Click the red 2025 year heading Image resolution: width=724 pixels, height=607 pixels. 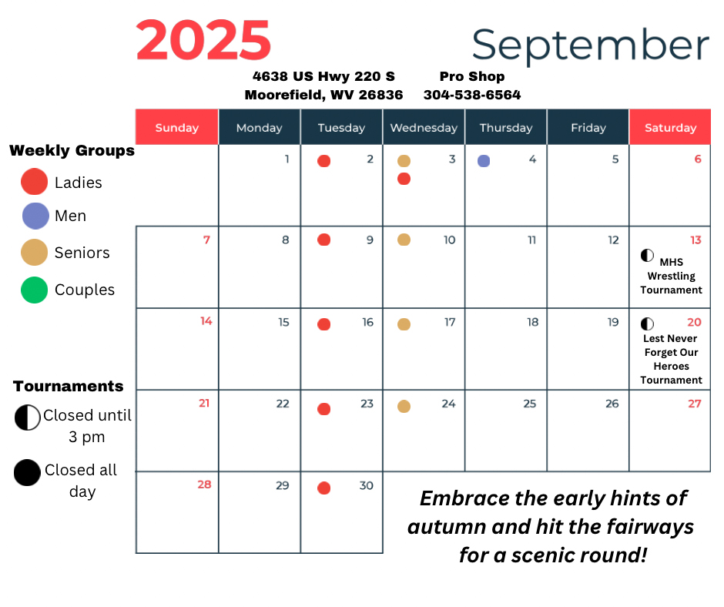203,40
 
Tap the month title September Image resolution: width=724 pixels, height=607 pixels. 590,45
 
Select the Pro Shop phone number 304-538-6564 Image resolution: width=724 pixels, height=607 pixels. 472,95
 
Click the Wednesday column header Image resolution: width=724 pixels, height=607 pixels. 424,128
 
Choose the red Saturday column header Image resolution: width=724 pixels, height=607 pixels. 670,128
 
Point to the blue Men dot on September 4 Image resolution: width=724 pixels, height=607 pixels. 484,161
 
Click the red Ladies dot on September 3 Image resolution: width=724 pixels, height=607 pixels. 404,179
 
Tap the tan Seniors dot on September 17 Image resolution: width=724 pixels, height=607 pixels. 404,324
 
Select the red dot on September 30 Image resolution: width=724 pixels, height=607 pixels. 323,488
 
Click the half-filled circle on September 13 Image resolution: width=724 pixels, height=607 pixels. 647,255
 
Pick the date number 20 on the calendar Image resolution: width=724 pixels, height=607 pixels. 694,323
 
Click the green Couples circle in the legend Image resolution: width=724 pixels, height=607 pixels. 35,290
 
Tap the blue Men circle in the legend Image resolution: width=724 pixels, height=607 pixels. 35,216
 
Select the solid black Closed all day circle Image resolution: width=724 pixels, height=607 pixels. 27,472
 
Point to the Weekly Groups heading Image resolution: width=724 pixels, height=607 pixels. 72,150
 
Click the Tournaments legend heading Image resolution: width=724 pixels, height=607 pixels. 69,386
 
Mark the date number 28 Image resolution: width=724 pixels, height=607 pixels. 204,485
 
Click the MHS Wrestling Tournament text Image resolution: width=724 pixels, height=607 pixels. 672,276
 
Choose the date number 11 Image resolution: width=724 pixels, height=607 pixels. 531,240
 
